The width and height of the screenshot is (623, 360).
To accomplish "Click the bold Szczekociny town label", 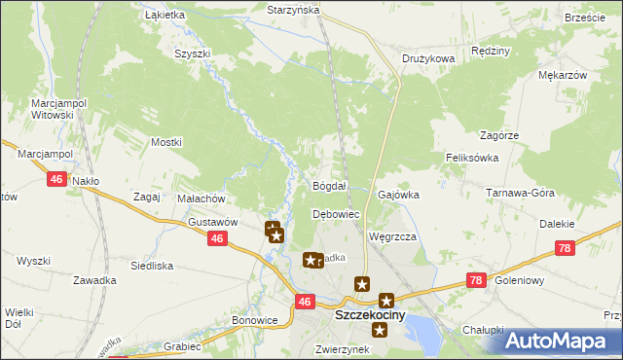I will click(x=371, y=316).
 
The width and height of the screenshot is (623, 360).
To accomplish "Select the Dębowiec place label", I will click(x=336, y=214).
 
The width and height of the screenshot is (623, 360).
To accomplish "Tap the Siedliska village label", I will click(x=151, y=265).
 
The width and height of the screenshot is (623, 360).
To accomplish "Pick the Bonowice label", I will click(x=255, y=320).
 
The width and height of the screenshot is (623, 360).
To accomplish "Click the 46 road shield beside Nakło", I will click(x=56, y=179).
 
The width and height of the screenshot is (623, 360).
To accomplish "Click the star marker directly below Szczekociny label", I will click(x=380, y=331).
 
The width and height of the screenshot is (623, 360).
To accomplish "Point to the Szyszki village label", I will click(x=192, y=54).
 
